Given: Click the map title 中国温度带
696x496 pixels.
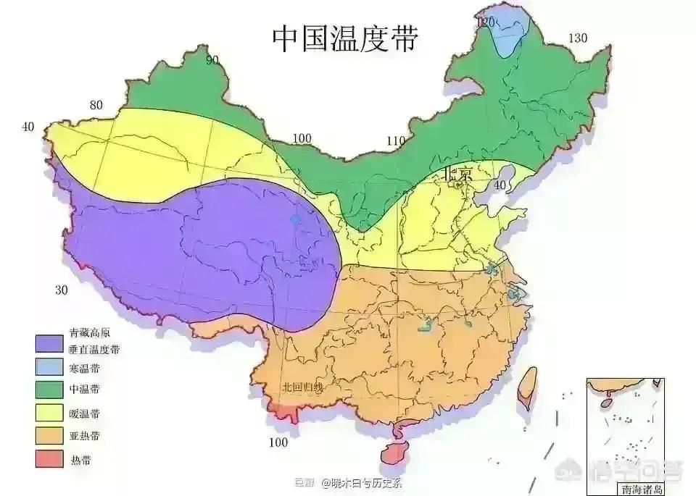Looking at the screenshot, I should click(x=344, y=38).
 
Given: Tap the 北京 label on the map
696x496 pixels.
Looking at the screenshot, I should click(x=457, y=174).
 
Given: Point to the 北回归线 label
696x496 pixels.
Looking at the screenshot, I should click(x=302, y=387).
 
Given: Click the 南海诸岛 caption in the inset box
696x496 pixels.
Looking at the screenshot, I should click(x=637, y=489).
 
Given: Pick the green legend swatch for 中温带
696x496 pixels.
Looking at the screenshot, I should click(x=50, y=389).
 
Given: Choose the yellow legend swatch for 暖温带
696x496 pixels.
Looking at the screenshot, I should click(x=50, y=413).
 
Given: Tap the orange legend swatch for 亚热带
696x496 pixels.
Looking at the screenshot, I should click(x=50, y=436).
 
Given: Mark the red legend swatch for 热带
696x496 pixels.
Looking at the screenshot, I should click(x=50, y=459).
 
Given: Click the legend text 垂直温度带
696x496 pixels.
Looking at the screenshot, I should click(x=94, y=349).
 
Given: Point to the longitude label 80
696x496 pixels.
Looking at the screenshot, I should click(x=96, y=105).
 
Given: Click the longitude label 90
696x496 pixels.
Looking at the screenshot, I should click(x=212, y=60).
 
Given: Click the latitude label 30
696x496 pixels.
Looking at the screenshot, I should click(x=62, y=290).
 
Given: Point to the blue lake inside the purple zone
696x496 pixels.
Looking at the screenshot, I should click(x=295, y=219).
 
